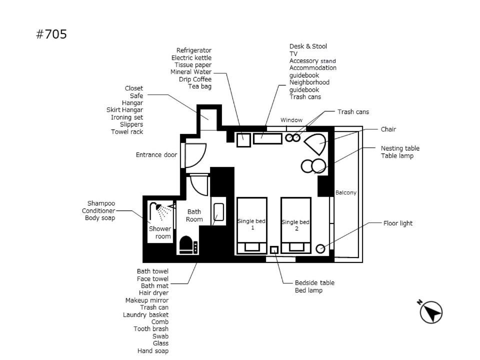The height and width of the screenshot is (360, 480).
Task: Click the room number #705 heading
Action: tap(51, 34)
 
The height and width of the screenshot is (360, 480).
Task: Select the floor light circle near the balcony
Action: tap(320, 248)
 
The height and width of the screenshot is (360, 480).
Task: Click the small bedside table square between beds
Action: tap(274, 250)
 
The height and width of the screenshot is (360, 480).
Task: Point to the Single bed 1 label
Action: tap(251, 224)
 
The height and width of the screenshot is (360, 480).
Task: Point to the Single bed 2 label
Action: tap(295, 225)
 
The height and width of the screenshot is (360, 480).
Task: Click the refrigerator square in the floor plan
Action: tap(243, 140)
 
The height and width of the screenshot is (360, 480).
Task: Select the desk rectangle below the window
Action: tap(267, 138)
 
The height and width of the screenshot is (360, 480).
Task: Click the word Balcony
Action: tap(346, 192)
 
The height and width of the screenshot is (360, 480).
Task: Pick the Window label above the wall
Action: tap(291, 120)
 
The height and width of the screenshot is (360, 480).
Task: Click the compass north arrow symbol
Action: tap(431, 312)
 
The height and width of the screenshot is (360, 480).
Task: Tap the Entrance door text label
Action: tap(156, 154)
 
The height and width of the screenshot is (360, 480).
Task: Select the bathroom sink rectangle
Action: tap(218, 212)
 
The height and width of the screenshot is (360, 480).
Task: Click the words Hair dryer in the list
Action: tap(153, 293)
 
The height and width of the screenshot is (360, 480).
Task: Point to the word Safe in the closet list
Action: tap(136, 95)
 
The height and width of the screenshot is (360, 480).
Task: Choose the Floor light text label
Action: tap(398, 223)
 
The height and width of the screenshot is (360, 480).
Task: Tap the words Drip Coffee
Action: tap(195, 79)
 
